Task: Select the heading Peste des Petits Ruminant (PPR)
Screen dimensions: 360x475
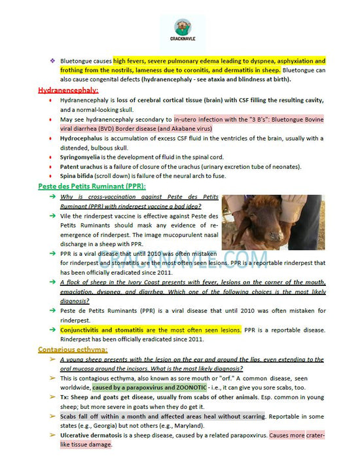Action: coord(92,186)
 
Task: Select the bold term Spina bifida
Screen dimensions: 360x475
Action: coord(76,177)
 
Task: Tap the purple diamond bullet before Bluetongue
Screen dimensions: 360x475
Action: coord(52,60)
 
